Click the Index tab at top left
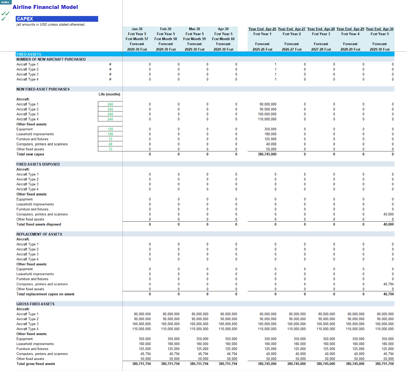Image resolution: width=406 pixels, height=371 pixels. coord(5,2)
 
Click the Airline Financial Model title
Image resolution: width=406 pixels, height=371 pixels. coord(45,7)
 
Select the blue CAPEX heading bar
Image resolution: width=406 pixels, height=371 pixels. coord(57,19)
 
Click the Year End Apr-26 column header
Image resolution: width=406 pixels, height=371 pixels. coord(262,29)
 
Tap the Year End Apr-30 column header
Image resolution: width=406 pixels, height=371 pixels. coord(380,29)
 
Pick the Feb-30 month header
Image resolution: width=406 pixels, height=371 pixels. coord(166,29)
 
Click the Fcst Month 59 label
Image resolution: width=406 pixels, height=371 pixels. coord(194,39)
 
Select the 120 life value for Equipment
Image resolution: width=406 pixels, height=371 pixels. coord(110,129)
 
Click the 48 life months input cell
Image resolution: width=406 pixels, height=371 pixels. coord(110,144)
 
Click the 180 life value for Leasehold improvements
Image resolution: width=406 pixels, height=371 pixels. coord(110,134)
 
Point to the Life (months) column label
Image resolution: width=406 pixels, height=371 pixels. coord(109,94)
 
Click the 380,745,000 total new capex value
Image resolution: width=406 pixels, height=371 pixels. coord(267,154)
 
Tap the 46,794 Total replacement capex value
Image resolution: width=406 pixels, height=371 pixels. coord(388,294)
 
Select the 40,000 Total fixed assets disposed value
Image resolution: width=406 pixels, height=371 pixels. coord(388,224)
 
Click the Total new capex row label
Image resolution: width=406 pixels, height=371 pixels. coord(30,154)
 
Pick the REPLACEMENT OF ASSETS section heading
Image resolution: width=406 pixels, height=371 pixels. coord(39,234)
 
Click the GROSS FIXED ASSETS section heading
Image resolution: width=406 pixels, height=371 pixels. coord(35,304)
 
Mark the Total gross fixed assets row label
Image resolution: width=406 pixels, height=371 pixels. coord(36,364)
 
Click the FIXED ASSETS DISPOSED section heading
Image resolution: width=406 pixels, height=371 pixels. coord(38,164)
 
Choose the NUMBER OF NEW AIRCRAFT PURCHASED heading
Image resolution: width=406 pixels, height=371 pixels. coord(51,59)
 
